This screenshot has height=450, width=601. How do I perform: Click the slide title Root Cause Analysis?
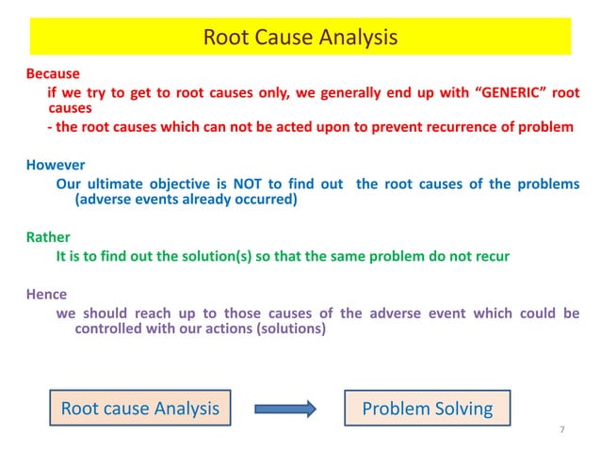300,38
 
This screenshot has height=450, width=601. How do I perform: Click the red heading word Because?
53,73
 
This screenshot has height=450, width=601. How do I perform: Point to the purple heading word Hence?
46,294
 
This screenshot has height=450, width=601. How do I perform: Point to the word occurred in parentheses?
268,200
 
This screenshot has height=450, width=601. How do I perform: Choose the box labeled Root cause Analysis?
139,409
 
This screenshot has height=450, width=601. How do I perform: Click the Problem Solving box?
428,409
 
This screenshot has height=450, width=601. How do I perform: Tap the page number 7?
561,430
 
